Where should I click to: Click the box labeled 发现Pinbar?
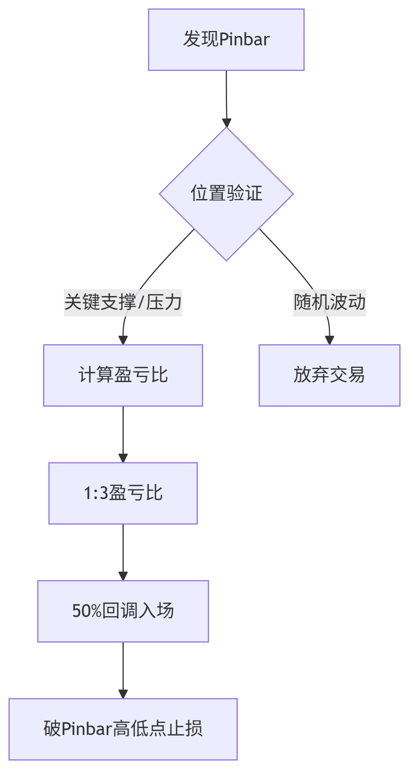[226, 40]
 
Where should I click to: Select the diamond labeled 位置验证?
[226, 194]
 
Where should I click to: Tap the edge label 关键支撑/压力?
[123, 302]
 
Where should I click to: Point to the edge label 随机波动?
[329, 302]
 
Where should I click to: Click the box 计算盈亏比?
[123, 375]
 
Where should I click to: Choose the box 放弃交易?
[329, 375]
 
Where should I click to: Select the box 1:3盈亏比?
[123, 493]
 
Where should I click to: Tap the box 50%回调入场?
[123, 611]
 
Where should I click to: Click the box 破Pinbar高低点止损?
[123, 729]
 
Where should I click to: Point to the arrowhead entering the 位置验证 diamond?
[227, 123]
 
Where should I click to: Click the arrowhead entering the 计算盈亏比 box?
[123, 340]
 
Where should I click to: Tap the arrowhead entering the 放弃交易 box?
[330, 340]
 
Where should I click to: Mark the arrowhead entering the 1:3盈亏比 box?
[123, 458]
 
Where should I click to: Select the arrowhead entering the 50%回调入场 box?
[123, 576]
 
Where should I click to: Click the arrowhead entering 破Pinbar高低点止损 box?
[123, 694]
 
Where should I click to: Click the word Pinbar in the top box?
[244, 40]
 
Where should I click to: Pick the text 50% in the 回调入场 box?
[87, 611]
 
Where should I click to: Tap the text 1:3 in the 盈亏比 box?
[96, 493]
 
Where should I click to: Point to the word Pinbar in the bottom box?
[87, 729]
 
